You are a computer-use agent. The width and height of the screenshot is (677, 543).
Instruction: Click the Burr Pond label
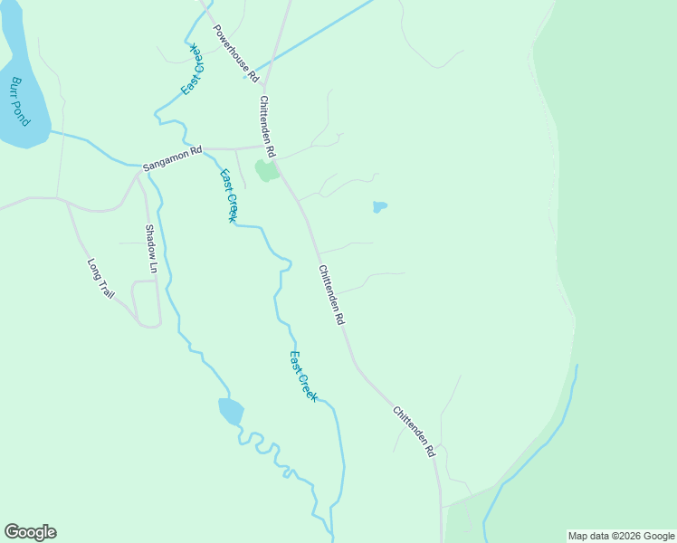(20, 101)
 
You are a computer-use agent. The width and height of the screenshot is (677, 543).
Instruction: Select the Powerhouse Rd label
(236, 52)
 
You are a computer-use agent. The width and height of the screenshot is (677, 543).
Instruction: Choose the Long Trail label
(100, 280)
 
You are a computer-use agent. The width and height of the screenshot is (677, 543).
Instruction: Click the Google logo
(30, 532)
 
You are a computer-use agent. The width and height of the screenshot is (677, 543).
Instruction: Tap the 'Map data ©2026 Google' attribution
(621, 536)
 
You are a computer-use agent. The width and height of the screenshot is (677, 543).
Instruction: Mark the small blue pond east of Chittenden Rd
(380, 207)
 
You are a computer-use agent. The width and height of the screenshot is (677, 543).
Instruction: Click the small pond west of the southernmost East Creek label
(231, 411)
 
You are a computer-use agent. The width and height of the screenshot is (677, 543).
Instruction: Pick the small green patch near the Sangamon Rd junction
(265, 170)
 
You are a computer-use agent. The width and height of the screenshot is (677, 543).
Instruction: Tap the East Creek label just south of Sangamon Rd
(229, 195)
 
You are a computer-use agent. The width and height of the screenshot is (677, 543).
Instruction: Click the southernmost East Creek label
(303, 376)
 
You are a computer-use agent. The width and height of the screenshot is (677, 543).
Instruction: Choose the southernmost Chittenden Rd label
(415, 431)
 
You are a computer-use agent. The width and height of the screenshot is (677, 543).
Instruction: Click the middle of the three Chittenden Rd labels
(330, 295)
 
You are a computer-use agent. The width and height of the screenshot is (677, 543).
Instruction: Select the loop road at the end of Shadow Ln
(146, 302)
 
